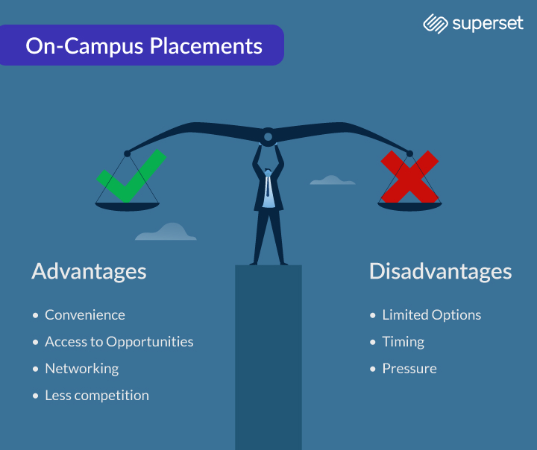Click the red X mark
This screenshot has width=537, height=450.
click(409, 177)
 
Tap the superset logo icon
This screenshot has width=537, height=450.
click(436, 24)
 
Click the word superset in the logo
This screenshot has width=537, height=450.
click(488, 24)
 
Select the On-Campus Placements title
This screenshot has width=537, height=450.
click(144, 46)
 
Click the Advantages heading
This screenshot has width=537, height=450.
click(89, 272)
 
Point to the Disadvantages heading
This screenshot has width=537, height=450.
click(441, 271)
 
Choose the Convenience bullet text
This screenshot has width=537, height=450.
click(85, 315)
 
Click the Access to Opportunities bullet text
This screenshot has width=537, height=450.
click(119, 342)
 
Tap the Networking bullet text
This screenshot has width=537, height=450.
click(82, 369)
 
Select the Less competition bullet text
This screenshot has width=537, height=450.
click(97, 396)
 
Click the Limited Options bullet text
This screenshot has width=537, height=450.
click(432, 315)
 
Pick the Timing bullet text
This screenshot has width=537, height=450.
click(403, 342)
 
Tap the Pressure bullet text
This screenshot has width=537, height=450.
click(409, 369)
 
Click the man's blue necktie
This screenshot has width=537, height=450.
click(268, 186)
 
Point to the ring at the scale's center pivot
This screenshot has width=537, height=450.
click(268, 137)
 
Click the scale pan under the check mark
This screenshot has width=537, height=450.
click(127, 206)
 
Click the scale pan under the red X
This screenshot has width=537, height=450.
click(409, 206)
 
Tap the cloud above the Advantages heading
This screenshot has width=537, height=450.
click(166, 232)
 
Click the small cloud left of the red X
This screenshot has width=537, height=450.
click(333, 180)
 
